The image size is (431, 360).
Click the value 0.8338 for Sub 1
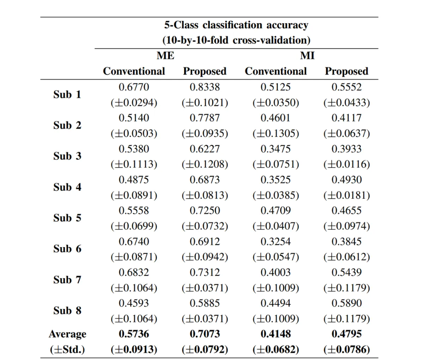[205, 87]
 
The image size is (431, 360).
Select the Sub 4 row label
[68, 187]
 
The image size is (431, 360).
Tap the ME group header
[166, 55]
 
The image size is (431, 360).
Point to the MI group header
[307, 55]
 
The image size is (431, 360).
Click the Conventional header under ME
[134, 71]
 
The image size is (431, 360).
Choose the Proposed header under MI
[347, 71]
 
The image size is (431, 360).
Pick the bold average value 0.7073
[205, 334]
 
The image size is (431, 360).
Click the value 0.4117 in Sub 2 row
[347, 118]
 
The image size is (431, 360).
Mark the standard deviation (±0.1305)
[276, 133]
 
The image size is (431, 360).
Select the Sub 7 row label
[68, 280]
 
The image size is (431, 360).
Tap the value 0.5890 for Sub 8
[347, 303]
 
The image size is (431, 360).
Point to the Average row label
[68, 334]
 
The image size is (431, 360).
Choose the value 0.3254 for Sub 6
[276, 241]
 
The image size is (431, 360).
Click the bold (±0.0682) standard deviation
[276, 350]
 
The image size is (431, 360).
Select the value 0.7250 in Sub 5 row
[205, 211]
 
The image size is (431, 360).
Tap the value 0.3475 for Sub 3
[276, 149]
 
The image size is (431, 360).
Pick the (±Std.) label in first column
[68, 350]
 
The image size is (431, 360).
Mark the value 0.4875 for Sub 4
[134, 180]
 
